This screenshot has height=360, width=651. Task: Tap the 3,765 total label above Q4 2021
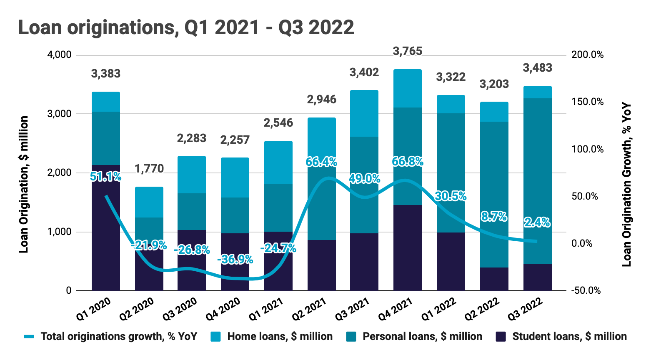pyautogui.click(x=407, y=51)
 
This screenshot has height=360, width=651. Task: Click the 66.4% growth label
pyautogui.click(x=321, y=162)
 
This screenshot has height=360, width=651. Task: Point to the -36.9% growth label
pyautogui.click(x=235, y=260)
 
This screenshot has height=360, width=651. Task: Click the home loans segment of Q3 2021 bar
pyautogui.click(x=364, y=113)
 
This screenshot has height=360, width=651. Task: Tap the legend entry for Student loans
pyautogui.click(x=561, y=337)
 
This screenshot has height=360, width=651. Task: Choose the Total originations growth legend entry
pyautogui.click(x=110, y=337)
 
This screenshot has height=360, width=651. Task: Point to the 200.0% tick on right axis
pyautogui.click(x=588, y=55)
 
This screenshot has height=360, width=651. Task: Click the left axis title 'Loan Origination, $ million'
pyautogui.click(x=24, y=184)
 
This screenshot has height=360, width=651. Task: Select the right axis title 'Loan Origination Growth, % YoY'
pyautogui.click(x=627, y=185)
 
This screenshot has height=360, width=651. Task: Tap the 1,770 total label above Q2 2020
pyautogui.click(x=149, y=169)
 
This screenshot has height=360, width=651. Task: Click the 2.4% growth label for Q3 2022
pyautogui.click(x=537, y=222)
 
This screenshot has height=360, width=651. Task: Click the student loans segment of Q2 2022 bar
pyautogui.click(x=494, y=279)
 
